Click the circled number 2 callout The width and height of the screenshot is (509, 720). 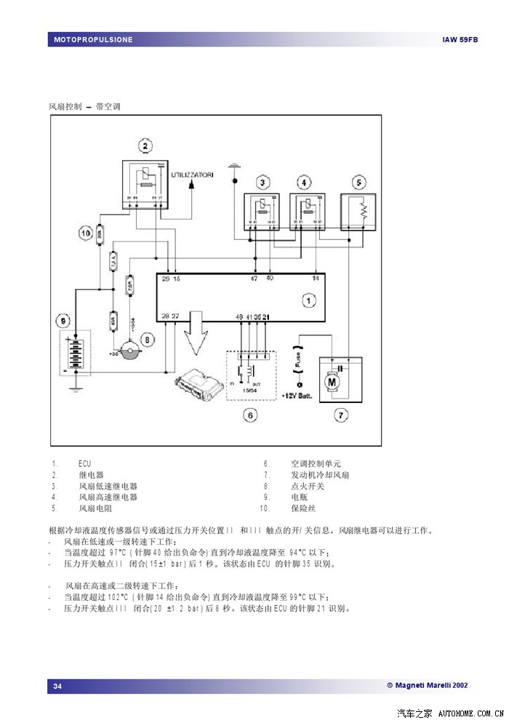click(x=145, y=147)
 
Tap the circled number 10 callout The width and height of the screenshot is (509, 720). click(x=85, y=233)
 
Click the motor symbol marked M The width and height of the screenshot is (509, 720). click(x=332, y=380)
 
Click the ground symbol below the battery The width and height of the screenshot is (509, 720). click(x=73, y=388)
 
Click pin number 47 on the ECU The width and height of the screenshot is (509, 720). click(x=254, y=279)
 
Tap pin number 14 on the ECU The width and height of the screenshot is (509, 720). click(x=316, y=279)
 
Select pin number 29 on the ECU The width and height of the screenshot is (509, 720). click(x=165, y=279)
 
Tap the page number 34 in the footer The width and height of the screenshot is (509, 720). click(x=57, y=686)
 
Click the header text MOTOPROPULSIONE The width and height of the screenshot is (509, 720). click(x=93, y=39)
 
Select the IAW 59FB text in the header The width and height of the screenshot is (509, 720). click(x=460, y=39)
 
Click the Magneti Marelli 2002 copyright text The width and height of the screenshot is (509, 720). click(x=427, y=685)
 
